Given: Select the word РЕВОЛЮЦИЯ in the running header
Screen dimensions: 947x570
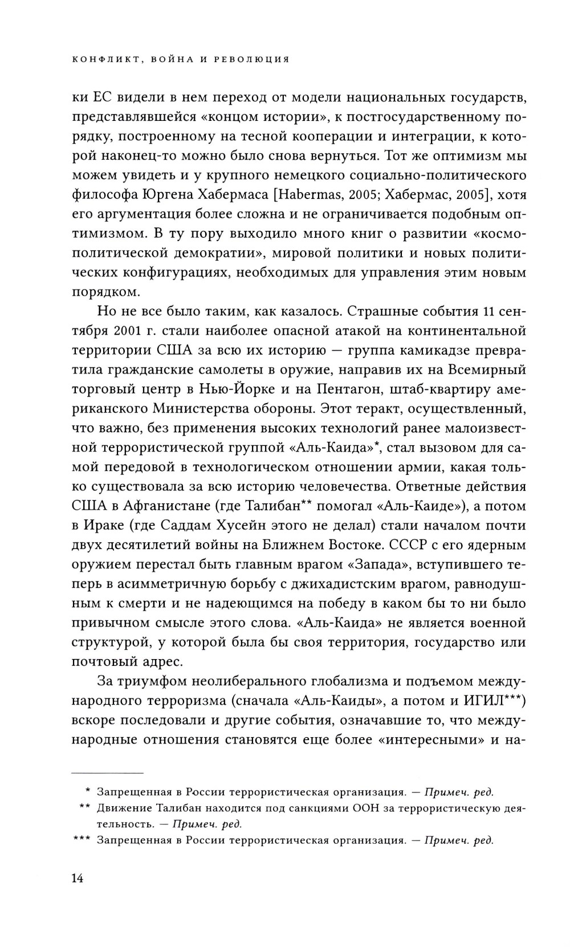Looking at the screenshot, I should [x=253, y=59].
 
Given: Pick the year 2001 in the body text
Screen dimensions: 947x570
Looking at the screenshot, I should [x=132, y=331].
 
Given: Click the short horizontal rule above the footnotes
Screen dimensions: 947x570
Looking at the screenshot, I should [x=107, y=773].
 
